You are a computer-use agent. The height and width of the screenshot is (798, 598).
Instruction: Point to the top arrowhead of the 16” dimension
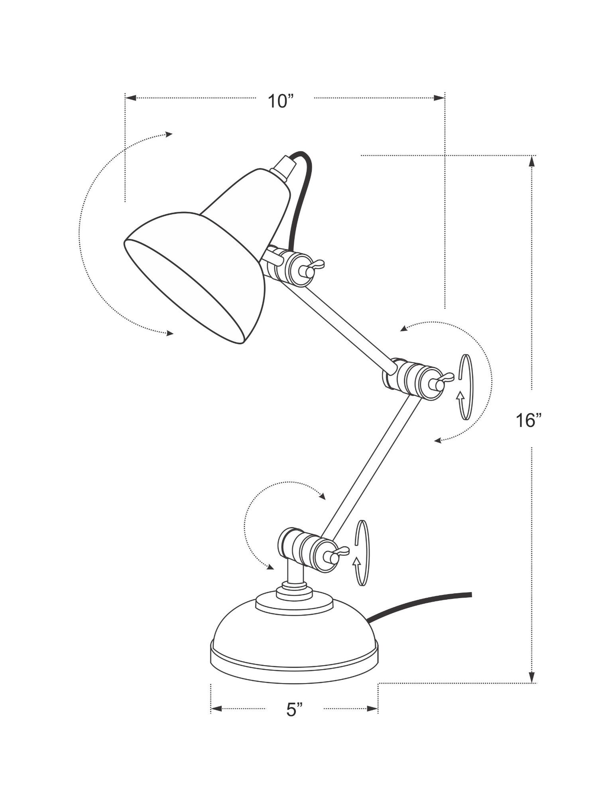[531, 161]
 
